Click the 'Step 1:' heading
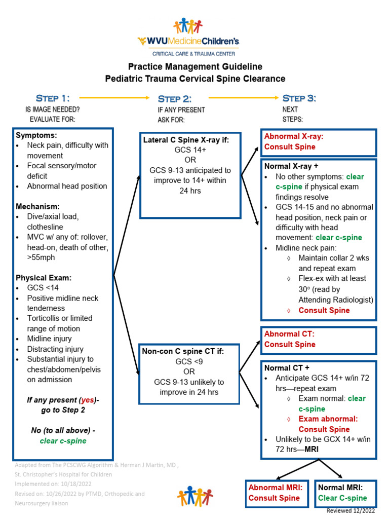coord(53,98)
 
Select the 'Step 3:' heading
coord(299,98)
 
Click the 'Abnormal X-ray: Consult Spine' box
coord(319,142)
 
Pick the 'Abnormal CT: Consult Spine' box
coord(319,340)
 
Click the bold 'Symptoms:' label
coord(36,135)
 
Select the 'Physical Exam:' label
coord(44,278)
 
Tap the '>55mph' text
coord(42,257)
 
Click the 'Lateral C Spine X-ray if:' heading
coord(186,140)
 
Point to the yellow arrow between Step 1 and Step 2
coord(115,97)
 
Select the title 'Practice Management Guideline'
coord(195,66)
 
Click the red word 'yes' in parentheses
coord(87,400)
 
